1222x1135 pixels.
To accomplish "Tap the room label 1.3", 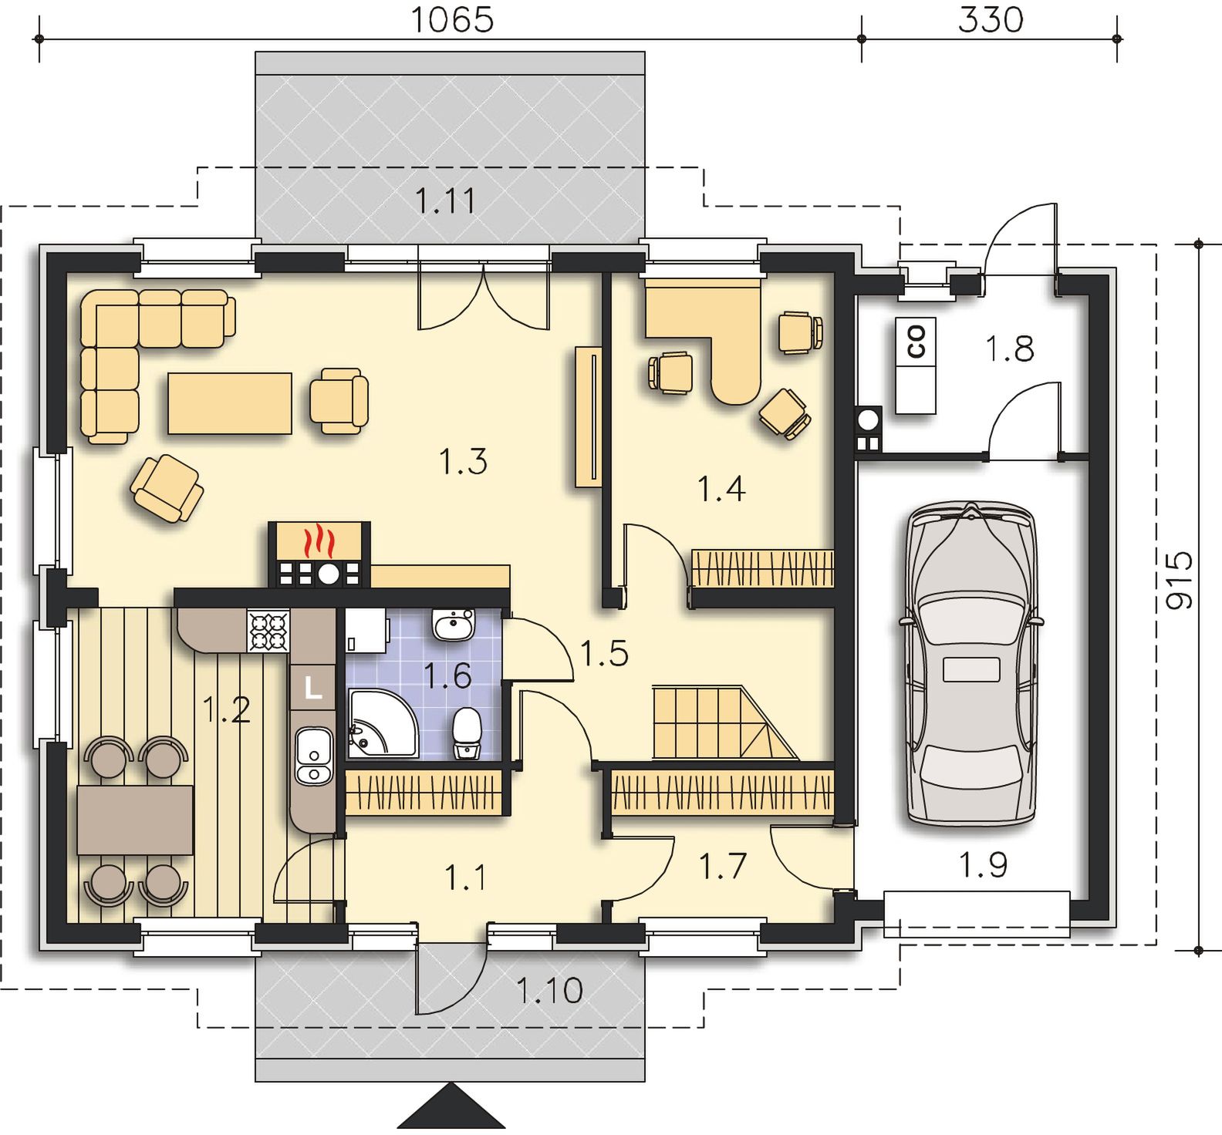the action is click(463, 462).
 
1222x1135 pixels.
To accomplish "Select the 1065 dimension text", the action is click(451, 20).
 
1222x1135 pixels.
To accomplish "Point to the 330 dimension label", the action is click(991, 20).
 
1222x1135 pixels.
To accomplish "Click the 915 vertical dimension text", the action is click(1179, 580).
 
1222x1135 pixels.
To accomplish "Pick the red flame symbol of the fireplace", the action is click(318, 541).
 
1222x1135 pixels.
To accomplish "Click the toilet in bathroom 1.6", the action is click(467, 733).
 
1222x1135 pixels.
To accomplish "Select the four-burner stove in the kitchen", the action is click(268, 630).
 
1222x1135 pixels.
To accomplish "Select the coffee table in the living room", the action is click(231, 402).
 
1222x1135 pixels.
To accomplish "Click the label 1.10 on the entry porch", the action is click(549, 990).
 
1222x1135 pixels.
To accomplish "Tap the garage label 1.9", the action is click(983, 865).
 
